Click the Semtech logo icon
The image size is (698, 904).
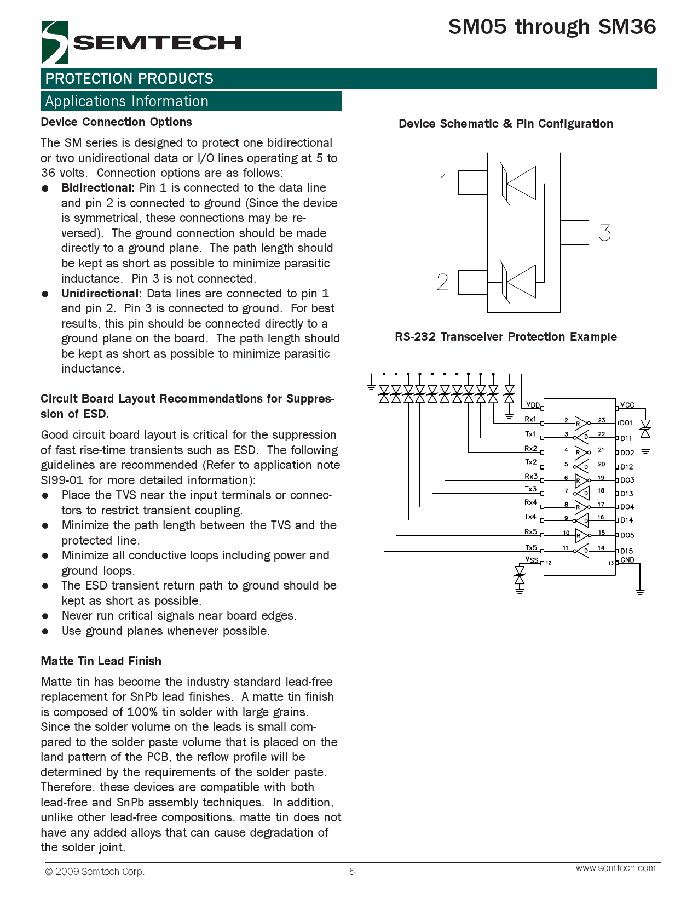click(x=55, y=42)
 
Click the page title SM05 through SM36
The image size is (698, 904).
click(x=552, y=27)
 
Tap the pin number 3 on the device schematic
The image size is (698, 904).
click(x=604, y=233)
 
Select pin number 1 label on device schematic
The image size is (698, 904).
click(x=444, y=182)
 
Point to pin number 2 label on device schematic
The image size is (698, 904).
click(x=443, y=282)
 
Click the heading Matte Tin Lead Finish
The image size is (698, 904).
click(x=101, y=661)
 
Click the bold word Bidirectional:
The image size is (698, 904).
click(x=98, y=188)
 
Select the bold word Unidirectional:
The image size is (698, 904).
click(x=102, y=294)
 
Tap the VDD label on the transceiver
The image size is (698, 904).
click(x=533, y=405)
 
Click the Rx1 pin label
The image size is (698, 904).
click(x=530, y=419)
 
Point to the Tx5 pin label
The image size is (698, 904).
click(x=530, y=547)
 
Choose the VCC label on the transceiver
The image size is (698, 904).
click(x=627, y=405)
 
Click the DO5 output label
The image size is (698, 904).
click(x=627, y=535)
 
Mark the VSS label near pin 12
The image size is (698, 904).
click(x=532, y=559)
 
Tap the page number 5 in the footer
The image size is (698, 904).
click(x=352, y=871)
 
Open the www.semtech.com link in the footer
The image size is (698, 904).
click(x=615, y=868)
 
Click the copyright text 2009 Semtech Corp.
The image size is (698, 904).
click(x=95, y=872)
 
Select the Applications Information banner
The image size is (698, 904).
click(x=191, y=101)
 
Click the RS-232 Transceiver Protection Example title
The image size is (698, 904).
click(x=505, y=337)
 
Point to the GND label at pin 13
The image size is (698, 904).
click(x=627, y=560)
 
